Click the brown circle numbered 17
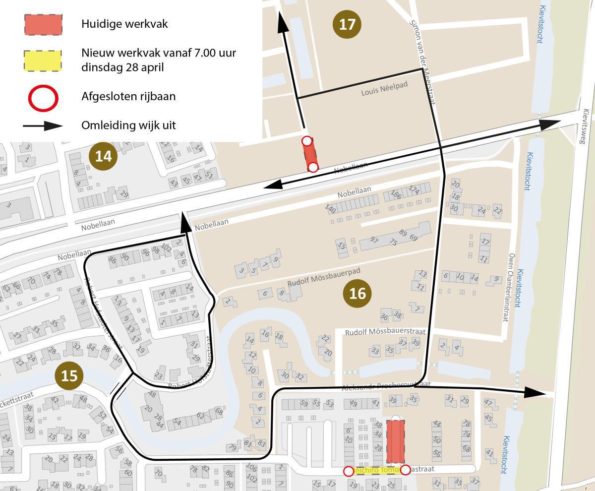(x=347, y=24)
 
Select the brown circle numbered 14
(x=103, y=156)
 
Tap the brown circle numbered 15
(x=69, y=375)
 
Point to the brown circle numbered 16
(x=357, y=294)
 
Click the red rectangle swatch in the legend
(x=43, y=24)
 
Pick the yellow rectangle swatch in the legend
(x=43, y=61)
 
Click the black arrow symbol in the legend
(x=43, y=125)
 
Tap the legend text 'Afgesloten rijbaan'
(x=128, y=96)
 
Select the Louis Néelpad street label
(x=384, y=89)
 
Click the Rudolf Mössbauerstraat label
(x=385, y=331)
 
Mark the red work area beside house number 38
(x=395, y=442)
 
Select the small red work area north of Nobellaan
(x=310, y=154)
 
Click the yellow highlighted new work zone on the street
(x=377, y=470)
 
